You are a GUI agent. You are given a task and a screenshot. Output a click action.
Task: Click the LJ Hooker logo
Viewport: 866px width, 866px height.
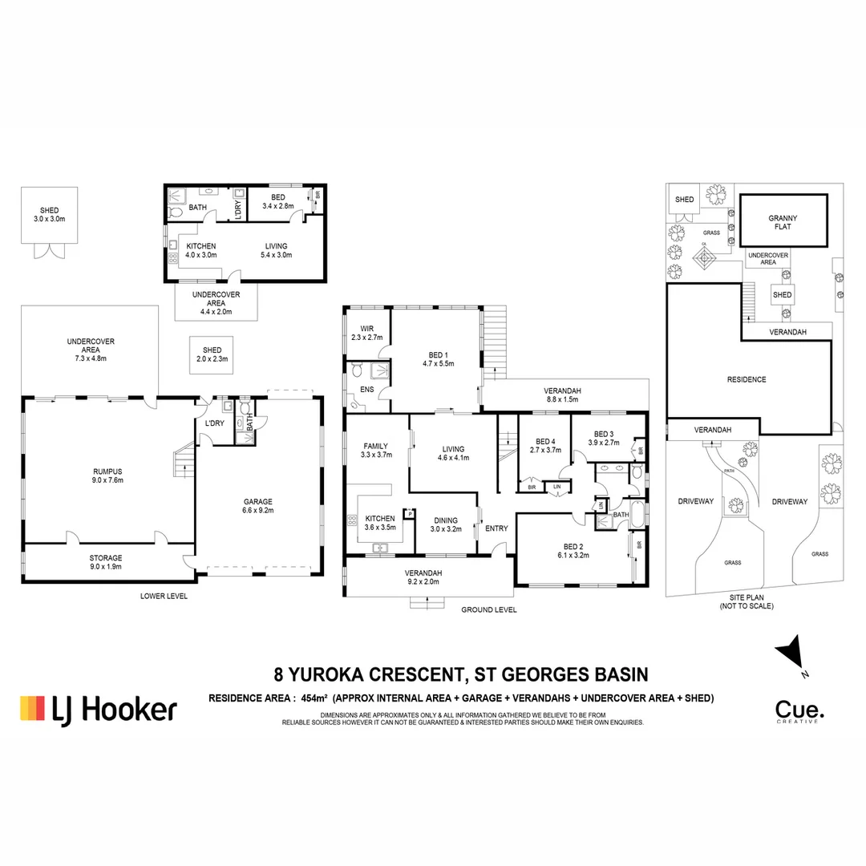pos(98,709)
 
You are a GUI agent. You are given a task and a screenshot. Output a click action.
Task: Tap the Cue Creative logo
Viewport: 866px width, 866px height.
pos(797,711)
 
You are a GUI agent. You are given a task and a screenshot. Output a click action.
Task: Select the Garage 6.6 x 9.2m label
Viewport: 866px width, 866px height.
pos(258,505)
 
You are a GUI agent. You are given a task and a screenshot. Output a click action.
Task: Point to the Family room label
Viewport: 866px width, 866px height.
pos(375,451)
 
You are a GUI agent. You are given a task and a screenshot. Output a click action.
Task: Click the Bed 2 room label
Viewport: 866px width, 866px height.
pos(572,551)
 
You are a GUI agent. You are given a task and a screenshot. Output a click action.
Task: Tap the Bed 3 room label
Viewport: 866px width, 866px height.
pos(604,438)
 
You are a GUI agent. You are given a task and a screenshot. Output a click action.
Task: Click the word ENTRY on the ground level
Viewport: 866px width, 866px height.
pos(496,528)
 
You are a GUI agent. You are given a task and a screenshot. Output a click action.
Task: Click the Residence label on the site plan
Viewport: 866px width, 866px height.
pos(747,379)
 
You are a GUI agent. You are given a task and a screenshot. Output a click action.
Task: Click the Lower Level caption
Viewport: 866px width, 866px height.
pos(163,597)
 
